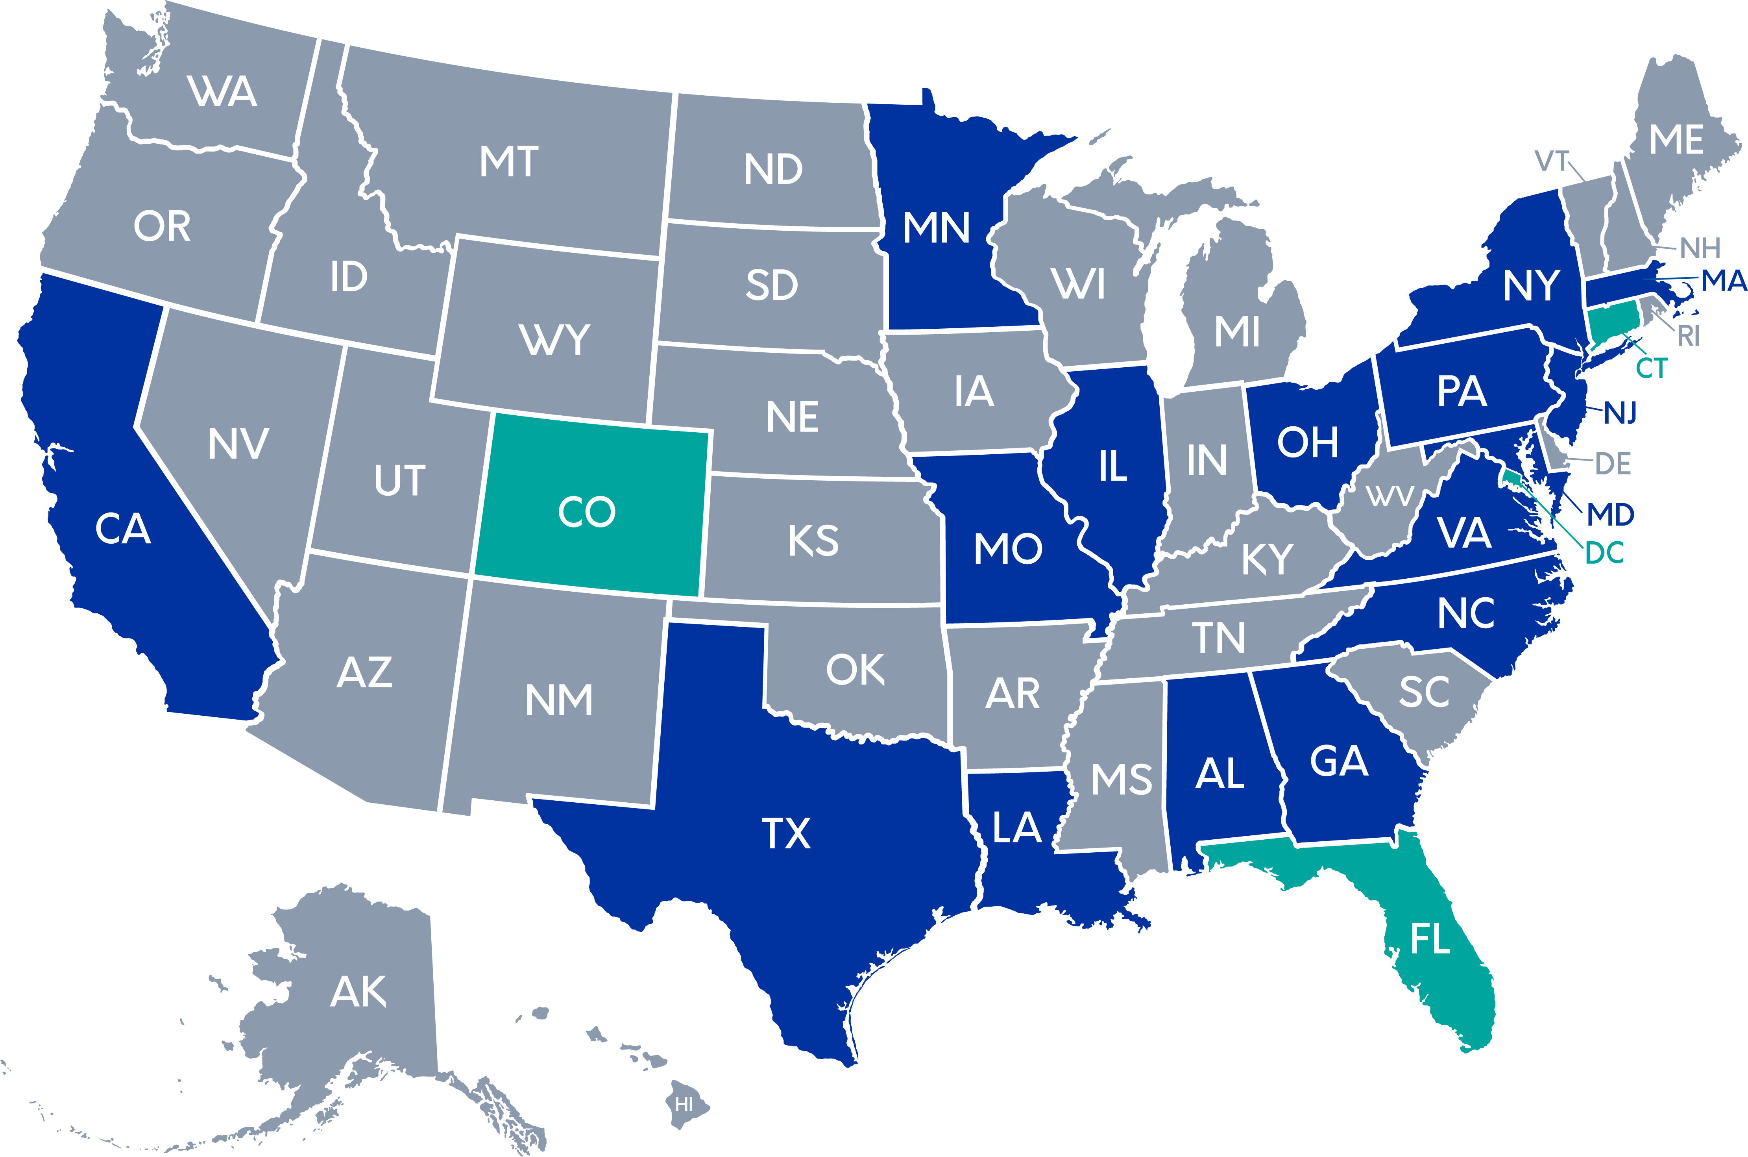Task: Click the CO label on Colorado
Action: coord(586,512)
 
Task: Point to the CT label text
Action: coord(1651,368)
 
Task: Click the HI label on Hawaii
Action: coord(684,1105)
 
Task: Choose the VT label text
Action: coord(1552,161)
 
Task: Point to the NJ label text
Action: coord(1621,413)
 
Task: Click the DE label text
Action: coord(1613,464)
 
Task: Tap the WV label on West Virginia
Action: coord(1390,496)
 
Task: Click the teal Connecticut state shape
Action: coord(1611,323)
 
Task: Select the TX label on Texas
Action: coord(786,834)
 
